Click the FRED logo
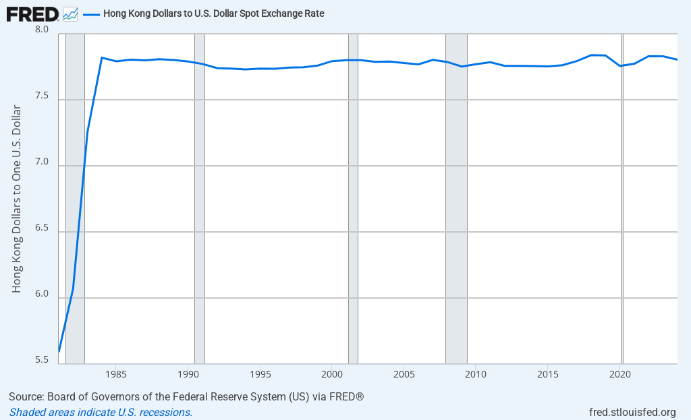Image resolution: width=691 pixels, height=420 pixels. pyautogui.click(x=32, y=13)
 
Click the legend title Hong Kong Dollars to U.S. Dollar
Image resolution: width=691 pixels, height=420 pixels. pyautogui.click(x=214, y=13)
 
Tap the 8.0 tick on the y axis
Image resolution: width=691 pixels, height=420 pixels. pyautogui.click(x=42, y=30)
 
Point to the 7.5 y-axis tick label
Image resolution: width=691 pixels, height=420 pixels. pyautogui.click(x=42, y=96)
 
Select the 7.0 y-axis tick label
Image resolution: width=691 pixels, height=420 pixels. pyautogui.click(x=42, y=162)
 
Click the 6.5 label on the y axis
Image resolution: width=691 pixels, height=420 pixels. pyautogui.click(x=42, y=229)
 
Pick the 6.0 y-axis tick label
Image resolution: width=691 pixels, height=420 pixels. pyautogui.click(x=42, y=295)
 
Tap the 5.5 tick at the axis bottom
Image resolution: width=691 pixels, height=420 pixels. pyautogui.click(x=42, y=360)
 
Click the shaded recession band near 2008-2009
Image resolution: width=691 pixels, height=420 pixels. pyautogui.click(x=456, y=202)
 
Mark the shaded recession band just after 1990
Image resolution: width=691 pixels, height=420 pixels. pyautogui.click(x=200, y=202)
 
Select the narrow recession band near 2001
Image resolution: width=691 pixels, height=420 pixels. pyautogui.click(x=353, y=202)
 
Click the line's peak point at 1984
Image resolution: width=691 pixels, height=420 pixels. pyautogui.click(x=102, y=57)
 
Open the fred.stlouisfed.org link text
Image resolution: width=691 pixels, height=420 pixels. pyautogui.click(x=632, y=412)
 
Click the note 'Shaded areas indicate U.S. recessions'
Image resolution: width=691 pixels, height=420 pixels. pyautogui.click(x=101, y=412)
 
